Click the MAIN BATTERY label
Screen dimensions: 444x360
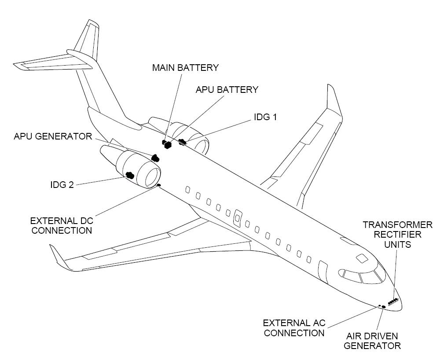tap(185, 68)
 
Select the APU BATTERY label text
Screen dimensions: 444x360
tap(227, 89)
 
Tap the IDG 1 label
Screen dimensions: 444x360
tap(265, 117)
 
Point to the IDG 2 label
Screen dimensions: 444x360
tap(62, 185)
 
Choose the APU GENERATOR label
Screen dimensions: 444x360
tap(53, 136)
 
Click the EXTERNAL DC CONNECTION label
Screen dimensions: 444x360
tap(62, 225)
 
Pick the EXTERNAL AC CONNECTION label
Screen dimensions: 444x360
tap(294, 328)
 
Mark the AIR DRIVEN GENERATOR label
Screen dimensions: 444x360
tap(372, 341)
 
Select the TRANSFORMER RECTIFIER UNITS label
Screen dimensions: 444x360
tap(397, 235)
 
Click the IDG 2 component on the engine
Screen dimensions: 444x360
tap(130, 175)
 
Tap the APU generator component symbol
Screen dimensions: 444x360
tap(155, 158)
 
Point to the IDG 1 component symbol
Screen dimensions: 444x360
tap(182, 142)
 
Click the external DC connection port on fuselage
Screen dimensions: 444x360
tap(158, 185)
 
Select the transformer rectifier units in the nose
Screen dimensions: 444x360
tap(393, 301)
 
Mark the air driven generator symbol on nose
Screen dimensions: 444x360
tap(384, 307)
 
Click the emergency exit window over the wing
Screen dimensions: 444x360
tap(238, 218)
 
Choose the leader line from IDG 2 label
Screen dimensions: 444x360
tap(100, 181)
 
